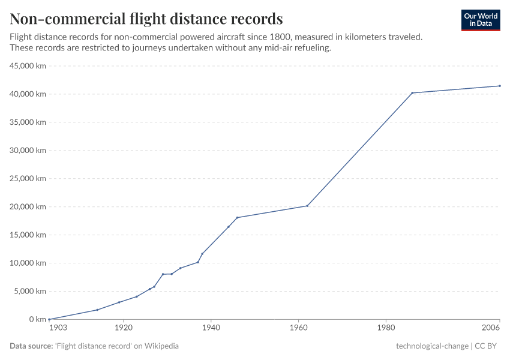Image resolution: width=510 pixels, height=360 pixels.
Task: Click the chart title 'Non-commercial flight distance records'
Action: [x=146, y=18]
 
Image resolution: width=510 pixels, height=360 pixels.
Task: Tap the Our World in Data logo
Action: [x=480, y=20]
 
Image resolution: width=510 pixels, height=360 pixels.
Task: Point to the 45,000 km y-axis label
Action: [x=28, y=66]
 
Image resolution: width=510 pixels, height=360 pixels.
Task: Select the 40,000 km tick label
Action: [x=28, y=94]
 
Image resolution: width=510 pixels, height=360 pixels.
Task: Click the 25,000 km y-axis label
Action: [x=28, y=179]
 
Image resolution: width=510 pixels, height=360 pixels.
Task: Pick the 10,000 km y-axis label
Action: [x=28, y=263]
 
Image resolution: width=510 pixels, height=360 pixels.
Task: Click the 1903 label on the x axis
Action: [x=58, y=329]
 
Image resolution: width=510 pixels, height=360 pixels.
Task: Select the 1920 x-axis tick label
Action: [x=124, y=329]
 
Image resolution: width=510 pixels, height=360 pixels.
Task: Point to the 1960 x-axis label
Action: [x=298, y=329]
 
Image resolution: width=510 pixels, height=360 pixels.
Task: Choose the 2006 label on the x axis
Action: [x=491, y=329]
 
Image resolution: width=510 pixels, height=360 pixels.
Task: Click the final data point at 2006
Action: [x=500, y=86]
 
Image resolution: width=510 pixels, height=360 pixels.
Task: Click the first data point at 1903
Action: [x=49, y=319]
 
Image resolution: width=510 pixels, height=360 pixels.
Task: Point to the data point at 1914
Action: [x=97, y=310]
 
